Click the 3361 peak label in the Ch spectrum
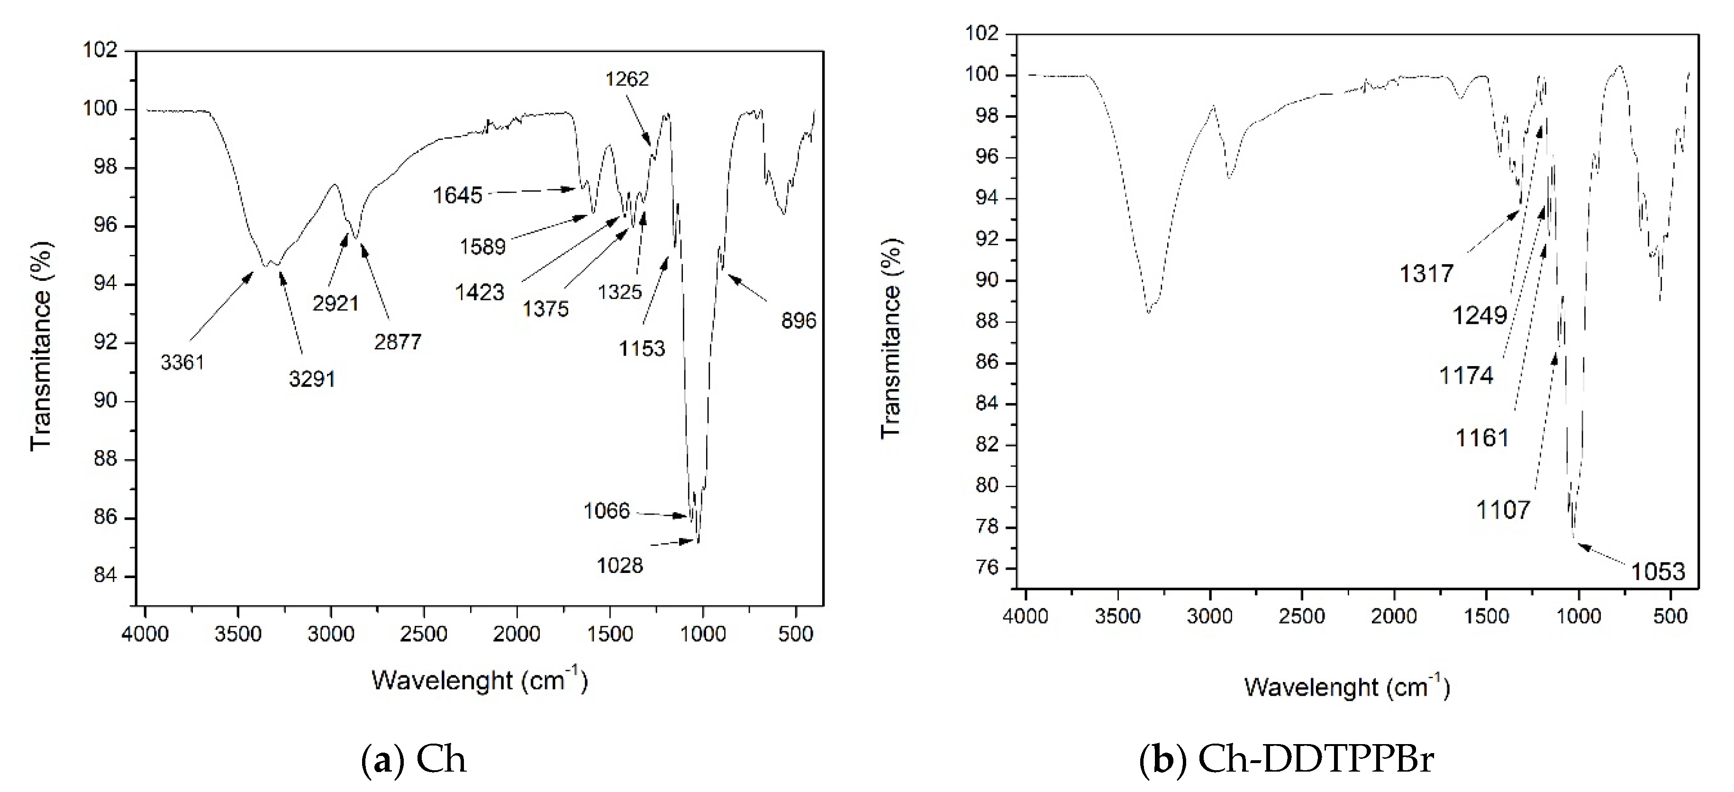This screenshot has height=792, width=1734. pyautogui.click(x=182, y=363)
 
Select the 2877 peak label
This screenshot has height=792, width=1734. pyautogui.click(x=398, y=342)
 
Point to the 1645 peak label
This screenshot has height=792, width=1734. pyautogui.click(x=458, y=195)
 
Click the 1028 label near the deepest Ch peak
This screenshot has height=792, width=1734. pyautogui.click(x=620, y=566)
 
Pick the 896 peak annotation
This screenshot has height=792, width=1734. pyautogui.click(x=799, y=321)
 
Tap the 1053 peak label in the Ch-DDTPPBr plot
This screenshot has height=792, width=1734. pyautogui.click(x=1657, y=572)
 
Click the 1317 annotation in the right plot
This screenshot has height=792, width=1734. pyautogui.click(x=1426, y=274)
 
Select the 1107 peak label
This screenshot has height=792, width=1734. pyautogui.click(x=1503, y=510)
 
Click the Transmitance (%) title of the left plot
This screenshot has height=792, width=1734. pyautogui.click(x=42, y=345)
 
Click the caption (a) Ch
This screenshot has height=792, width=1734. pyautogui.click(x=414, y=760)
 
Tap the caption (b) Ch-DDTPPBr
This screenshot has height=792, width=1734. pyautogui.click(x=1286, y=760)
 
